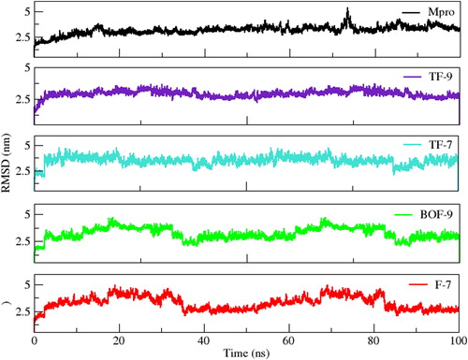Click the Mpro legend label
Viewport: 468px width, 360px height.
(441, 12)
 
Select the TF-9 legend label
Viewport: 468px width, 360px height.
(440, 77)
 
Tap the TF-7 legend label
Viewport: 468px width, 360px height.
(440, 145)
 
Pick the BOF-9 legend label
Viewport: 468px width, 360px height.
(436, 214)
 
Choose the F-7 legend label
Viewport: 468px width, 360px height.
(443, 284)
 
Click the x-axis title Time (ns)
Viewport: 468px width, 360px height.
(246, 353)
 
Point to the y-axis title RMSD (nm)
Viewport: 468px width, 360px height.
(6, 163)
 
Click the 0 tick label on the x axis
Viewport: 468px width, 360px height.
(34, 340)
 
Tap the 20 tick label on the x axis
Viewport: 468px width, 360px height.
(119, 340)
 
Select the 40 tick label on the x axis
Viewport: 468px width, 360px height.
(204, 340)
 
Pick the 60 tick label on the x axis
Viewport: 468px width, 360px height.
(288, 340)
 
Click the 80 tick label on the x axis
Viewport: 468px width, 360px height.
(373, 340)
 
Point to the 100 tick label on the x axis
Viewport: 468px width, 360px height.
(458, 340)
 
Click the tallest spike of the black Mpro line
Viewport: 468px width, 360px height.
(347, 8)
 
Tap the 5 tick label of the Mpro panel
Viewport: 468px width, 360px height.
(28, 12)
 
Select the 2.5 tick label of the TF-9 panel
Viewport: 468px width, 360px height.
(23, 99)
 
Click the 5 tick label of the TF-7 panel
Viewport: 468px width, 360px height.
(28, 146)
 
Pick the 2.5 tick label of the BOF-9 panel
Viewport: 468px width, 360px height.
(23, 241)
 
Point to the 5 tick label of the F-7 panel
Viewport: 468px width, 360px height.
(28, 284)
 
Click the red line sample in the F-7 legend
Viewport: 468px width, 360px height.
(418, 284)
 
